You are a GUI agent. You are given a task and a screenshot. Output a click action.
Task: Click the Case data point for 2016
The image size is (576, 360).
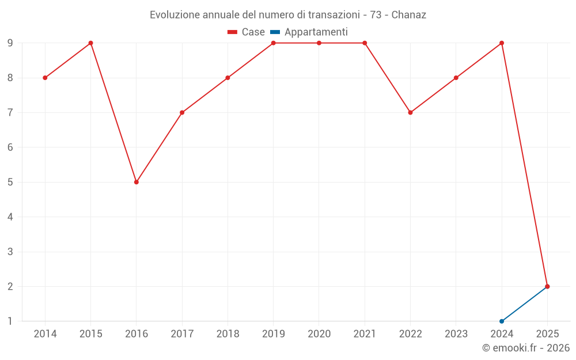[x=137, y=182]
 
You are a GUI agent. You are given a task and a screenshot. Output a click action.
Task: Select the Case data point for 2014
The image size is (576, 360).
[x=45, y=78]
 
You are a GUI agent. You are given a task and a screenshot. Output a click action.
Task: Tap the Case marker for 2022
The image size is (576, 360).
[x=410, y=112]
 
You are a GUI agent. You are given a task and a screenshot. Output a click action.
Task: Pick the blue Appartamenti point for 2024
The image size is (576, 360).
[x=502, y=321]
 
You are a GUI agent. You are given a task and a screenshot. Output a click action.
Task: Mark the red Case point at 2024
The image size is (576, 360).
[x=502, y=43]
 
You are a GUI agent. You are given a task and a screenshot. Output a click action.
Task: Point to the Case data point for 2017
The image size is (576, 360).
[x=182, y=112]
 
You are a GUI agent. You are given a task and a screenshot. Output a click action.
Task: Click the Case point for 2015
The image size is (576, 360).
[x=90, y=43]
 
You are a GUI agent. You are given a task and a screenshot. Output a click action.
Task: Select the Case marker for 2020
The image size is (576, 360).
[x=319, y=43]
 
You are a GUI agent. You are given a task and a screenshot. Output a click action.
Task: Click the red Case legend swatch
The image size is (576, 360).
[x=233, y=32]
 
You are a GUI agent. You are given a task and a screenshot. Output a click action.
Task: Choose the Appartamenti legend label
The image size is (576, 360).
[x=316, y=32]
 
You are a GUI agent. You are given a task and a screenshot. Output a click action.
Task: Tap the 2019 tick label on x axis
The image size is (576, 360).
[x=274, y=334]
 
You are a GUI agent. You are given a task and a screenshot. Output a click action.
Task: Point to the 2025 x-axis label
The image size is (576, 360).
[x=547, y=334]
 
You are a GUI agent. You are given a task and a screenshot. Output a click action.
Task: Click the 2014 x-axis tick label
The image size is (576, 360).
[x=45, y=334]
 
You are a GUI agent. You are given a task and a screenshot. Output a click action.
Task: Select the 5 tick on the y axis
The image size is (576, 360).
[x=10, y=182]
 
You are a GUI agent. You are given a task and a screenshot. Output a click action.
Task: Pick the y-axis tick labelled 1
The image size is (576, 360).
[x=10, y=321]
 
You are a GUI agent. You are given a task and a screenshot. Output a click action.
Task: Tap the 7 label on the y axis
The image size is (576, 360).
[x=10, y=112]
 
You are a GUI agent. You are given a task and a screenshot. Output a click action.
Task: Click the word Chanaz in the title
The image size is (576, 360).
[x=409, y=15]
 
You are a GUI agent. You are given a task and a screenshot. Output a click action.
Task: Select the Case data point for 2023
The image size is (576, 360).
[x=456, y=78]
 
